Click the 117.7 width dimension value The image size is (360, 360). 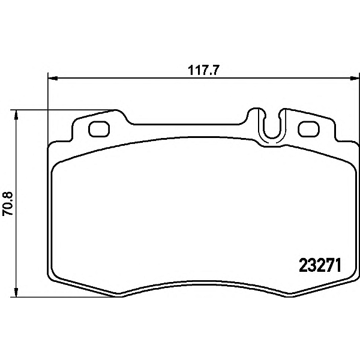[x=203, y=70]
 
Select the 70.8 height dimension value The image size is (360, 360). [x=8, y=203]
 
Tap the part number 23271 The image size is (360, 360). [x=320, y=265]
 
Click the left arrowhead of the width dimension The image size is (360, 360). [x=53, y=79]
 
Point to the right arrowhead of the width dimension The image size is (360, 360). [x=354, y=79]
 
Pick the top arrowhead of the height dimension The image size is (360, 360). [x=16, y=115]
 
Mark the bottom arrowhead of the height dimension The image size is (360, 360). [x=16, y=292]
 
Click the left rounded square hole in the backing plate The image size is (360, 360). [x=99, y=129]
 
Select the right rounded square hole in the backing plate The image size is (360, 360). [x=308, y=129]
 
